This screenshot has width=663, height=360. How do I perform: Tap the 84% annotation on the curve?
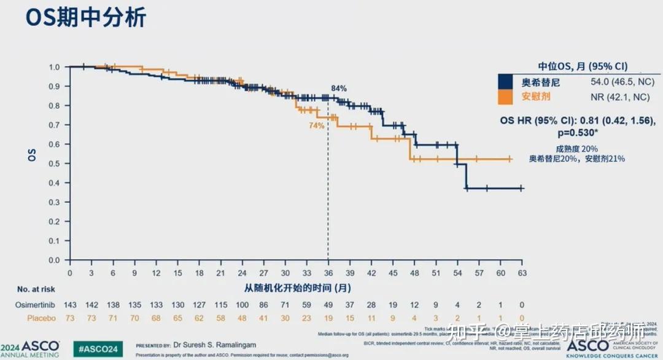click(338, 88)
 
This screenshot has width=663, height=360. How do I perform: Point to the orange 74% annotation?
click(316, 125)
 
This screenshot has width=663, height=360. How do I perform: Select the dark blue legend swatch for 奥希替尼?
click(505, 82)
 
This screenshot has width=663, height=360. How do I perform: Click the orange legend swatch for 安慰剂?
click(505, 97)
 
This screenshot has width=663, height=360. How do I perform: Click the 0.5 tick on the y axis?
click(55, 164)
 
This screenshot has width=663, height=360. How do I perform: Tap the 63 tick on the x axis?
click(521, 272)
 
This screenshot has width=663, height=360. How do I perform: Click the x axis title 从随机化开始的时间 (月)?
click(297, 288)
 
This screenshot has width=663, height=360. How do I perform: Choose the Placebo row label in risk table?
click(41, 318)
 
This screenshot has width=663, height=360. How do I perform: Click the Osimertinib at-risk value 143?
click(70, 305)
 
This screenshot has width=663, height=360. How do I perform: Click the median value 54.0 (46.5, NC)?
click(618, 82)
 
